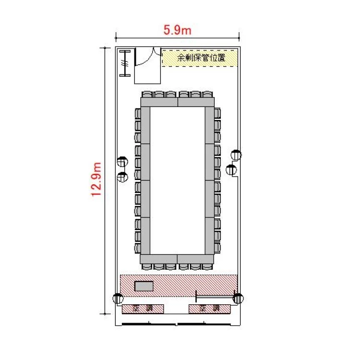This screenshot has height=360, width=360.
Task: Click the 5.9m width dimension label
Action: pyautogui.click(x=177, y=30)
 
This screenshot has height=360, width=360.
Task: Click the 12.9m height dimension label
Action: pyautogui.click(x=96, y=180)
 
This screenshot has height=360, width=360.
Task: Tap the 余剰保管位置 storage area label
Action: pyautogui.click(x=201, y=58)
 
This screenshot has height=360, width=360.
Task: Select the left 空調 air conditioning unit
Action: pyautogui.click(x=143, y=309)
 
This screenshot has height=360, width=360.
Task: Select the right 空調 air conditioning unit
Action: pyautogui.click(x=210, y=309)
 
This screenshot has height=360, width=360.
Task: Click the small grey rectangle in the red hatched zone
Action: pyautogui.click(x=144, y=286)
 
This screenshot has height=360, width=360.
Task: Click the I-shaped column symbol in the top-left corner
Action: pyautogui.click(x=125, y=63)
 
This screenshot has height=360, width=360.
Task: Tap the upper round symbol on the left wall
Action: pyautogui.click(x=122, y=162)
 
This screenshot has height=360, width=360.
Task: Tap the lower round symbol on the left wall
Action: pyautogui.click(x=122, y=177)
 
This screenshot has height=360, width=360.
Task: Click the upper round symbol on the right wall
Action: pyautogui.click(x=236, y=155)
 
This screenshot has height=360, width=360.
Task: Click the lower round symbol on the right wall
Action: pyautogui.click(x=231, y=170)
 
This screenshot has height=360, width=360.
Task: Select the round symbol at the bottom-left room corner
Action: pyautogui.click(x=118, y=299)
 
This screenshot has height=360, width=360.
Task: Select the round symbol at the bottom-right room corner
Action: pyautogui.click(x=238, y=299)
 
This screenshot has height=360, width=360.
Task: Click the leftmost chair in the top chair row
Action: pyautogui.click(x=147, y=95)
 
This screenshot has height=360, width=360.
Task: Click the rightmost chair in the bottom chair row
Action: pyautogui.click(x=207, y=266)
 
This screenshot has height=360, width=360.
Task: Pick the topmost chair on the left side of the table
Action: pyautogui.click(x=138, y=114)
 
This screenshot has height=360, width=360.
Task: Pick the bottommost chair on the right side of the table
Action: pyautogui.click(x=217, y=248)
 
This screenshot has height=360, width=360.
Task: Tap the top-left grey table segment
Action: pyautogui.click(x=159, y=102)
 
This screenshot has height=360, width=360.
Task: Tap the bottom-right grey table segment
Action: pyautogui.click(x=196, y=259)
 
